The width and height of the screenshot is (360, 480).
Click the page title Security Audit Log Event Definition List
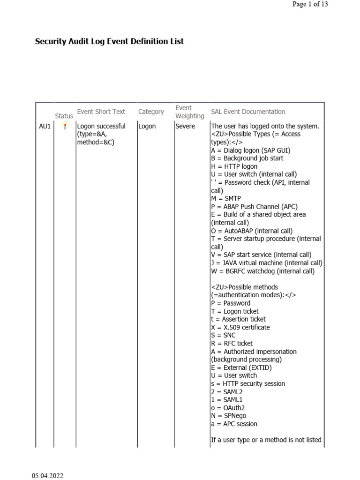click(x=109, y=41)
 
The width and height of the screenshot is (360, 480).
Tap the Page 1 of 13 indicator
click(x=310, y=4)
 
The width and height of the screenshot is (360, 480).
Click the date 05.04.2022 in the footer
click(x=47, y=476)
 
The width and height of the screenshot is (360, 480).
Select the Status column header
click(x=64, y=116)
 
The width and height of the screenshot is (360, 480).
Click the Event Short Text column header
click(x=101, y=112)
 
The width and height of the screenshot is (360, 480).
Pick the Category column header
click(x=151, y=112)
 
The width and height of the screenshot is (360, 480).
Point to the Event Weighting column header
click(x=189, y=112)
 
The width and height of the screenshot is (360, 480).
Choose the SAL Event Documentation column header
click(x=248, y=112)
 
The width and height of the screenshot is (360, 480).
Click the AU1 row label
click(x=45, y=126)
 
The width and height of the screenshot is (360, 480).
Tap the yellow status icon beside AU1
click(x=65, y=126)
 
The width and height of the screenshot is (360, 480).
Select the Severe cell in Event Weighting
click(x=185, y=126)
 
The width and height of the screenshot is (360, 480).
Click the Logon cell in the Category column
click(x=147, y=126)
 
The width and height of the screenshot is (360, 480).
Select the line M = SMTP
click(x=226, y=198)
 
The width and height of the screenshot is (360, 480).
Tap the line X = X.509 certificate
click(x=240, y=327)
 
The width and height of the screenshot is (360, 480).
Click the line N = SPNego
click(x=228, y=415)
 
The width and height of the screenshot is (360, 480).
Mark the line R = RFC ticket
click(x=232, y=343)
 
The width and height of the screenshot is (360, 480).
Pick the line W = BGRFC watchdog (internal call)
click(x=263, y=271)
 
